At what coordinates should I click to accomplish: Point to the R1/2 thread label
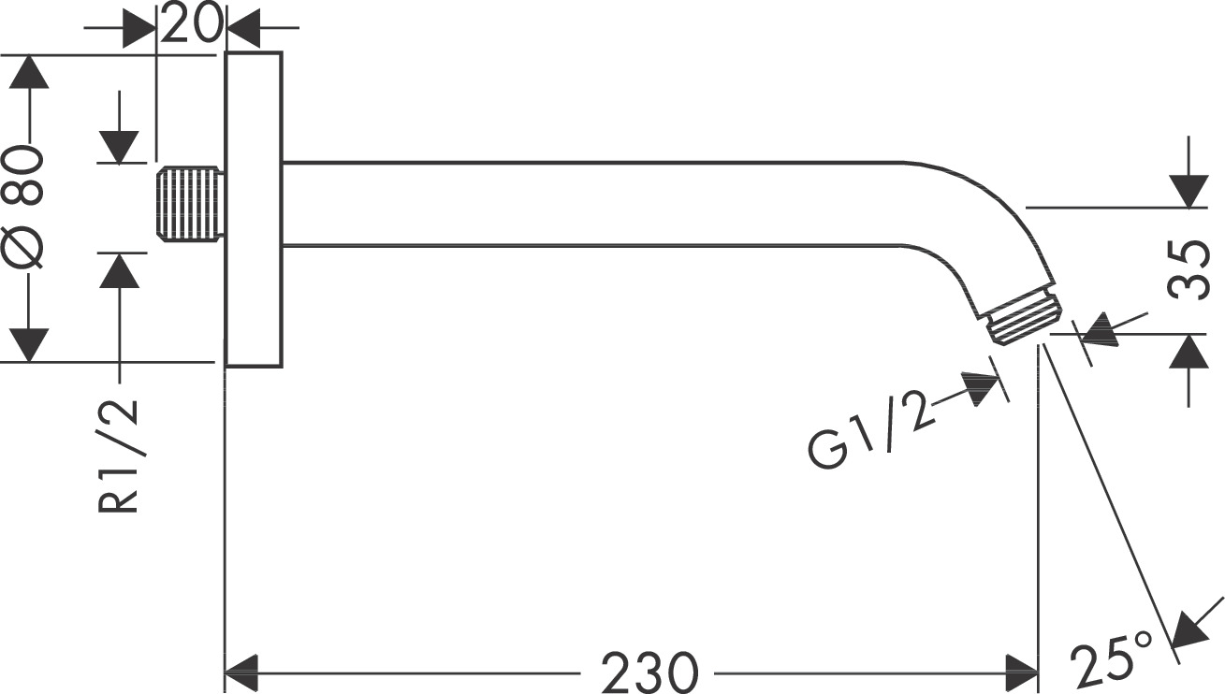pyautogui.click(x=120, y=455)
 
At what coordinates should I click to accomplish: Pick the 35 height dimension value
pyautogui.click(x=1189, y=269)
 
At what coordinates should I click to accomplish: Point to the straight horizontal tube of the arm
pyautogui.click(x=590, y=204)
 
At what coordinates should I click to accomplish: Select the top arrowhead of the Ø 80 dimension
pyautogui.click(x=29, y=72)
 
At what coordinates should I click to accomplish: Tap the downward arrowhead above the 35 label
pyautogui.click(x=1189, y=190)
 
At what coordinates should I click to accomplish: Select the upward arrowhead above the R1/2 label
pyautogui.click(x=120, y=270)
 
